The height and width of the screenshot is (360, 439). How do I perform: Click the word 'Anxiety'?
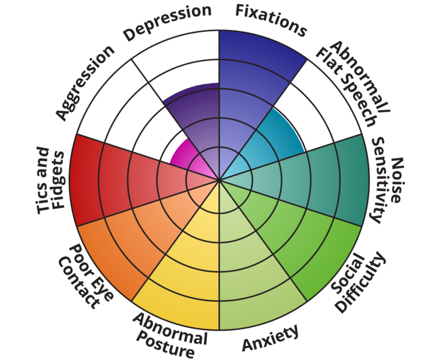(270, 339)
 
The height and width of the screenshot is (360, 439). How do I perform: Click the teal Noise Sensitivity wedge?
(324, 180)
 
